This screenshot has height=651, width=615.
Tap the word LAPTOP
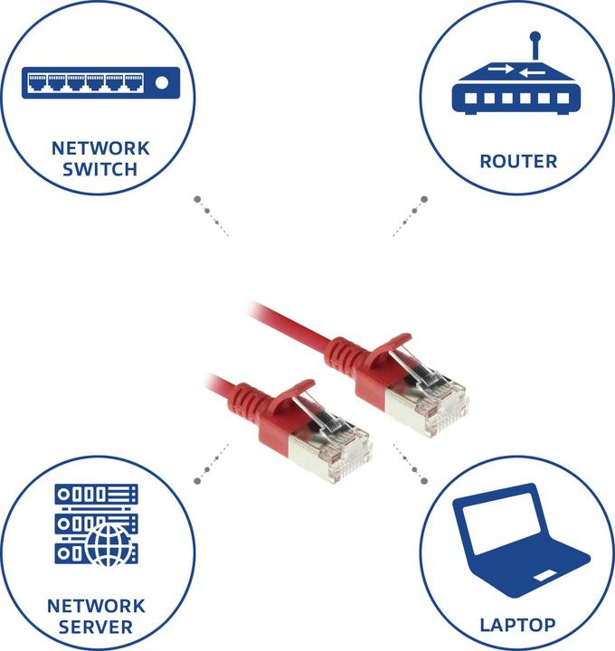pos(517,624)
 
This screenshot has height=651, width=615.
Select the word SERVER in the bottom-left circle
pos(96,627)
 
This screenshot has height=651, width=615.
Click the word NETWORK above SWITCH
pos(100,147)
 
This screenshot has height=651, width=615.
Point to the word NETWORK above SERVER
pos(96,605)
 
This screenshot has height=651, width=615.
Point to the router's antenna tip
pos(535,39)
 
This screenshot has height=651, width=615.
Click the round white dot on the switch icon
pos(162,84)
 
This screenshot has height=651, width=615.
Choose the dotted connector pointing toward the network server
pos(212,461)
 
